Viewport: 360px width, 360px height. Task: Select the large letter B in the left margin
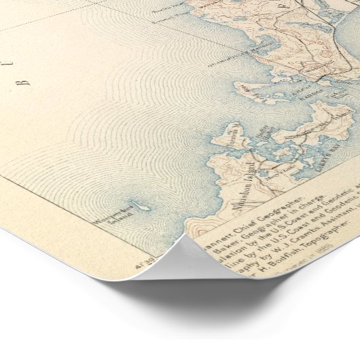(x=26, y=82)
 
